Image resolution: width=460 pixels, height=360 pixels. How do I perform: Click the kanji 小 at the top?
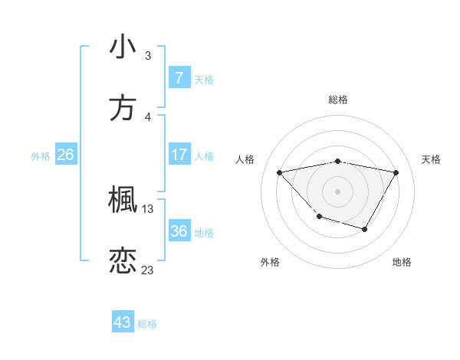pyautogui.click(x=123, y=47)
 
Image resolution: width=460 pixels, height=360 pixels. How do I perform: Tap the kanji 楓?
pyautogui.click(x=123, y=200)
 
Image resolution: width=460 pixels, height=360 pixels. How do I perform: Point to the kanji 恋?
pyautogui.click(x=123, y=261)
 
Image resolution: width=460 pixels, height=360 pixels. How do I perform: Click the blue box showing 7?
pyautogui.click(x=179, y=78)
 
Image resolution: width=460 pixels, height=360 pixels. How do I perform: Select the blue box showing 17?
pyautogui.click(x=179, y=155)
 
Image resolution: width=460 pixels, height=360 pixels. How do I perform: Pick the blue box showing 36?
pyautogui.click(x=179, y=231)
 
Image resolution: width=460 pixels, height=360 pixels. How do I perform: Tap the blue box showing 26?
pyautogui.click(x=65, y=155)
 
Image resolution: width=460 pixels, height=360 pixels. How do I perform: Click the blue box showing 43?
pyautogui.click(x=123, y=322)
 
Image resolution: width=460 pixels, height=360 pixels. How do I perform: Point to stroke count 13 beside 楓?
pyautogui.click(x=148, y=208)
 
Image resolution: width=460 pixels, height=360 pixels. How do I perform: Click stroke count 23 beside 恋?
pyautogui.click(x=148, y=270)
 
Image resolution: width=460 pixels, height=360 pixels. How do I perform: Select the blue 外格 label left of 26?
pyautogui.click(x=41, y=156)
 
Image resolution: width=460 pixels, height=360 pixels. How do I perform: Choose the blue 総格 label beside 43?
pyautogui.click(x=147, y=324)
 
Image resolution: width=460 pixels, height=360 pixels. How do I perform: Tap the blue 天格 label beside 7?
pyautogui.click(x=204, y=79)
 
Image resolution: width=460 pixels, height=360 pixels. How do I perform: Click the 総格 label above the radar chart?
pyautogui.click(x=338, y=100)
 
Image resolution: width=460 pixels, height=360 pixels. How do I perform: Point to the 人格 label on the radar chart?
pyautogui.click(x=245, y=159)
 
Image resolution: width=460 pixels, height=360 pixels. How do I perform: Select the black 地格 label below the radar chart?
pyautogui.click(x=402, y=262)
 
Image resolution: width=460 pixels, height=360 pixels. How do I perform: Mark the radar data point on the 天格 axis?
pyautogui.click(x=396, y=172)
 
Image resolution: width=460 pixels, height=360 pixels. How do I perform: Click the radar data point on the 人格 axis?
pyautogui.click(x=280, y=172)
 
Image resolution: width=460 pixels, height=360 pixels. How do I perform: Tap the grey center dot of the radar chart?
pyautogui.click(x=338, y=191)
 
